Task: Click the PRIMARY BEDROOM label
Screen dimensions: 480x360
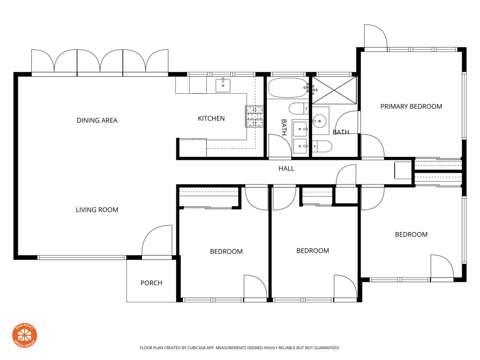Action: [411, 106]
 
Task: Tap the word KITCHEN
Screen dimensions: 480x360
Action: [211, 119]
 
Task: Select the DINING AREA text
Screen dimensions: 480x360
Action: [97, 120]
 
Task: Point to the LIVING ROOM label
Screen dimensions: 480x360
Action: [97, 210]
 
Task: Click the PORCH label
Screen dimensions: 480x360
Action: [151, 283]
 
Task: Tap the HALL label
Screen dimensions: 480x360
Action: [286, 168]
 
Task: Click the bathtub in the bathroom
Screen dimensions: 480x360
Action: [288, 88]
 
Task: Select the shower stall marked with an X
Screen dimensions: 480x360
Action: [334, 90]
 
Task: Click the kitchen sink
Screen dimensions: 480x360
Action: [223, 85]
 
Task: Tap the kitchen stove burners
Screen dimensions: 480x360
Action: [255, 116]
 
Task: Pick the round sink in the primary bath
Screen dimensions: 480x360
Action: [319, 121]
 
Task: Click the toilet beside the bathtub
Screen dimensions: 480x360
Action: [299, 109]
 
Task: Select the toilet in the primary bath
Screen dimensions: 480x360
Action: [322, 146]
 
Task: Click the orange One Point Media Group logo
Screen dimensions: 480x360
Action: [24, 336]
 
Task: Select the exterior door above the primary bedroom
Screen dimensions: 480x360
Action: [375, 36]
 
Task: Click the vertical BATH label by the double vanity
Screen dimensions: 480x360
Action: [284, 127]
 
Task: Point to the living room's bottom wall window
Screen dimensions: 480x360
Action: [82, 258]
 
